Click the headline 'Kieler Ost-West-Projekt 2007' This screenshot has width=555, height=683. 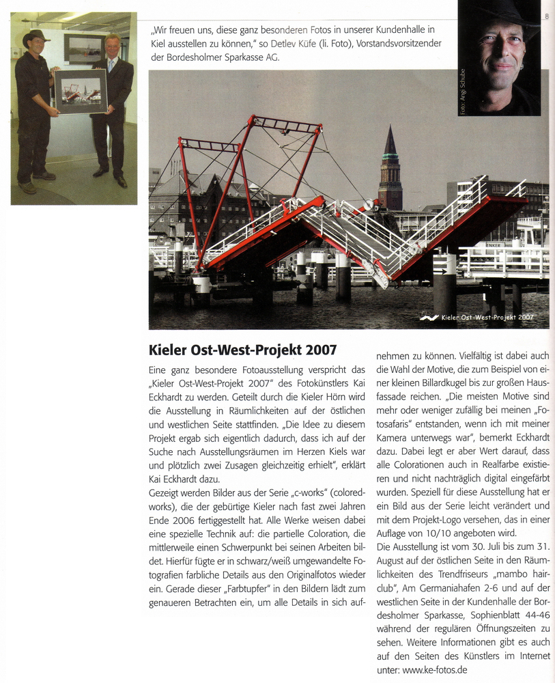242,350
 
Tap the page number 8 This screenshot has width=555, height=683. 547,16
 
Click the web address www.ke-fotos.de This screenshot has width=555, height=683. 435,670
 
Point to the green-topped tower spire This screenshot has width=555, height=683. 390,146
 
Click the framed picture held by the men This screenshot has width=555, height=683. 81,92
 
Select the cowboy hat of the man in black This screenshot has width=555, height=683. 35,37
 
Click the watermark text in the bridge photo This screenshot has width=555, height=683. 487,318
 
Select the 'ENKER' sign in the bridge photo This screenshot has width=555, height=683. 494,245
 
